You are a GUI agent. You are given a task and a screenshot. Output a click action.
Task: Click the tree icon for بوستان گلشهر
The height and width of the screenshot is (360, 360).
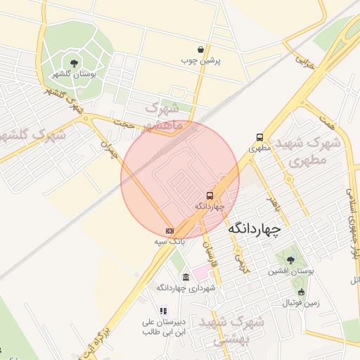click(x=75, y=63)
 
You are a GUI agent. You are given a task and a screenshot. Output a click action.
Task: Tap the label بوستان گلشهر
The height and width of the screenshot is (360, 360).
click(x=74, y=73)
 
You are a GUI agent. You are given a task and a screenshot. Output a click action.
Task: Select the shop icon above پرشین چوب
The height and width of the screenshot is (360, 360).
click(x=202, y=49)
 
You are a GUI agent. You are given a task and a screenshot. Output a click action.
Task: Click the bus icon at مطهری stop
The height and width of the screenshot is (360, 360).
click(x=260, y=138)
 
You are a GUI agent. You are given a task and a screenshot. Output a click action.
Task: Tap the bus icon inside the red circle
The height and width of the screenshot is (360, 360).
click(x=210, y=195)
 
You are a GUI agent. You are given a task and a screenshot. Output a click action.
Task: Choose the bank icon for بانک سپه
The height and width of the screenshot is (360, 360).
click(x=169, y=230)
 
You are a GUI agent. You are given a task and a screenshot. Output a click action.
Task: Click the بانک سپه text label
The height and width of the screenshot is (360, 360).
click(x=169, y=240)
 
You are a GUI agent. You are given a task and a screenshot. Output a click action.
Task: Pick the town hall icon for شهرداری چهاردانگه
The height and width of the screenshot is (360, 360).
click(x=186, y=277)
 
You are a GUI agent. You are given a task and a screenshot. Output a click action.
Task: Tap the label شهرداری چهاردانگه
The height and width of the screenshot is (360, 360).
click(x=186, y=288)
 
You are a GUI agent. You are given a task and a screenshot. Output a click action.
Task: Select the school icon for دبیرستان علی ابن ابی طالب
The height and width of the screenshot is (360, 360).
click(x=163, y=310)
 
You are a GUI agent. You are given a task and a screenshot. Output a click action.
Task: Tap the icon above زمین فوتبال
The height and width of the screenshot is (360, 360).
click(x=301, y=292)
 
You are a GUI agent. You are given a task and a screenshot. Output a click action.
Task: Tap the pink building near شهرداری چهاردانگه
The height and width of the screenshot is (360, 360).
click(x=202, y=271)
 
